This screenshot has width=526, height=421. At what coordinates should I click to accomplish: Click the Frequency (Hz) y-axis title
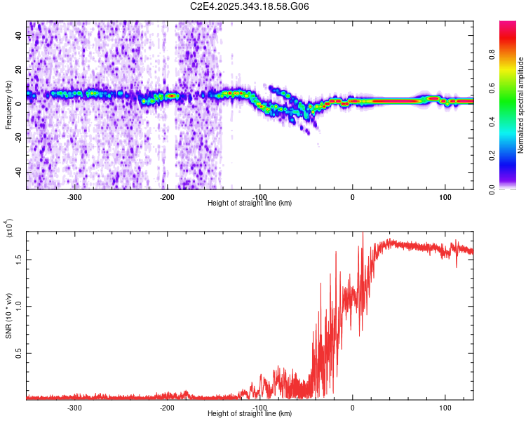point(8,105)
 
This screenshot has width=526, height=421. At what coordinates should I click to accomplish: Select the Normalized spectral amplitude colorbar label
point(521,105)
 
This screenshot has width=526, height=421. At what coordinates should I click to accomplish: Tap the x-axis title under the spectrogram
point(250,203)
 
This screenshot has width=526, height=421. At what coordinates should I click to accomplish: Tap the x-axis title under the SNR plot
point(250,413)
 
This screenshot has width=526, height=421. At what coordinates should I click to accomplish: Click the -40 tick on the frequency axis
point(18,172)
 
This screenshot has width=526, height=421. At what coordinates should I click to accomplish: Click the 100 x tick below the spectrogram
point(445,196)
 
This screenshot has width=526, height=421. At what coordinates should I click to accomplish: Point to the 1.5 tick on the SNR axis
point(19,259)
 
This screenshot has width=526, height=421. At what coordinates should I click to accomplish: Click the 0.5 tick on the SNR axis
point(19,352)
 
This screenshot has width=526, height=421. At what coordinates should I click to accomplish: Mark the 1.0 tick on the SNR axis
point(19,306)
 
